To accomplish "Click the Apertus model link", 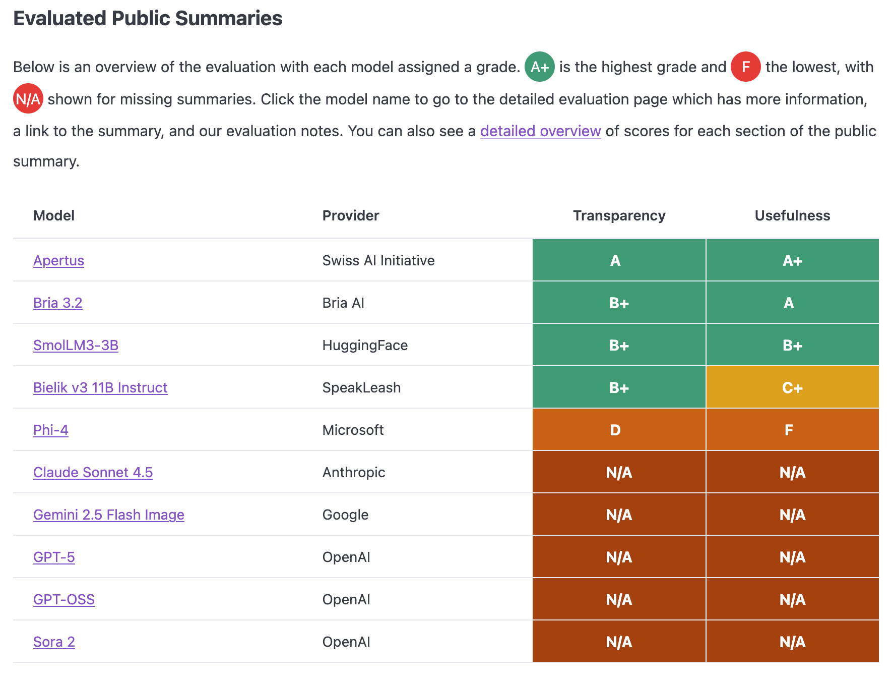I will point(58,260).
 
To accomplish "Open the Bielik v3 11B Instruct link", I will point(100,387).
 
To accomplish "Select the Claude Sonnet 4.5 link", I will point(93,472).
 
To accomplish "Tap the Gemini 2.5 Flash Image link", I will point(108,515).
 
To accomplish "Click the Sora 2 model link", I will point(54,642).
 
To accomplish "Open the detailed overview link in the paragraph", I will point(540,131).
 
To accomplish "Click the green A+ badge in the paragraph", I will point(540,67).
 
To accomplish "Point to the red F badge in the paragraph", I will point(746,67).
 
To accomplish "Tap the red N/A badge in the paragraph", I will point(28,99).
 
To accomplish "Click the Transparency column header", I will point(619,215).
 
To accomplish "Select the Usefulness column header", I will point(792,215).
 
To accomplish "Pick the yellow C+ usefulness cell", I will point(792,387).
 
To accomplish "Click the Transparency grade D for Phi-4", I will point(619,430).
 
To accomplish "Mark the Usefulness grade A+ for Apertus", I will point(792,260).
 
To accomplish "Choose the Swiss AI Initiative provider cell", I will point(378,260).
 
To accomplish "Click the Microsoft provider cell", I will point(353,430).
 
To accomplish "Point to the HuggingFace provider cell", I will point(365,345).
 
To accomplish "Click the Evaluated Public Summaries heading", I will point(148,18).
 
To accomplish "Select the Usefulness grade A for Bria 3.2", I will point(792,303).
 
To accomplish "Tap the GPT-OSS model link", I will point(64,599).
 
